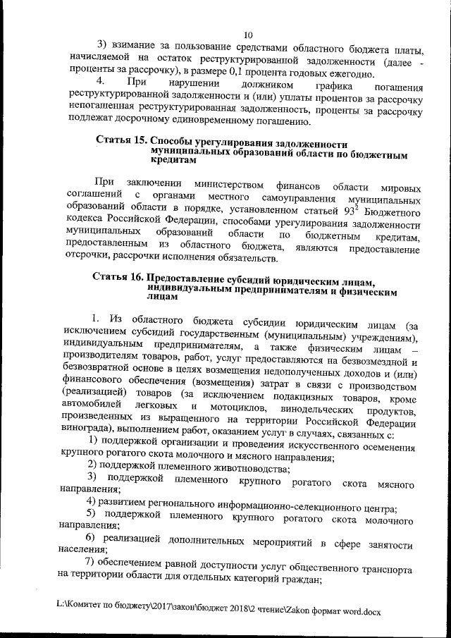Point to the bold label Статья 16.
pyautogui.click(x=121, y=278)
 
